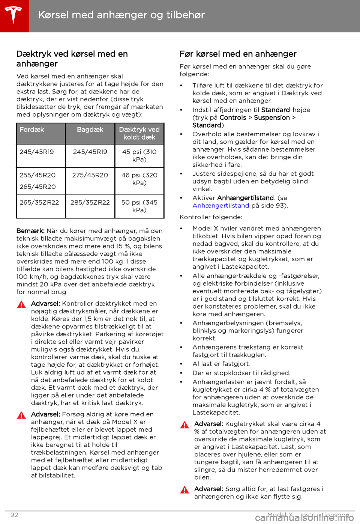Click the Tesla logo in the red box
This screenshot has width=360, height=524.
pos(14,15)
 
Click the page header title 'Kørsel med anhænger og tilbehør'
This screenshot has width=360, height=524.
pos(121,15)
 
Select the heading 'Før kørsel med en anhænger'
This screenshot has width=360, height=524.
pos(238,54)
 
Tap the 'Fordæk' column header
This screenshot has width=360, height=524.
pos(32,130)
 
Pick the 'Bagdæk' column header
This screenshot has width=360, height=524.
pos(90,130)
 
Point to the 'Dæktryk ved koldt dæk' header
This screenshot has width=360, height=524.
pos(139,134)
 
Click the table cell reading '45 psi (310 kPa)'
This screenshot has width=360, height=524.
pos(139,156)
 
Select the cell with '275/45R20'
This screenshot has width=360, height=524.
pos(90,175)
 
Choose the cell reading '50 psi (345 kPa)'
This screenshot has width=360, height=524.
pos(139,206)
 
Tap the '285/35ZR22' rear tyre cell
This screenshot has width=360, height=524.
pos(90,203)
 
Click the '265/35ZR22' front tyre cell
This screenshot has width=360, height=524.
pos(39,203)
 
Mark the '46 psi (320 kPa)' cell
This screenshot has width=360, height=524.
pos(139,179)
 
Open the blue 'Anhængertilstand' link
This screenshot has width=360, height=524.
pos(221,206)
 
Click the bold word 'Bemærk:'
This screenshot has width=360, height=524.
pos(30,231)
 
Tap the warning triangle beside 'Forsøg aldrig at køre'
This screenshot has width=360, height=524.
pos(21,415)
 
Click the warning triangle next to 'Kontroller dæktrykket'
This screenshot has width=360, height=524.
pos(21,304)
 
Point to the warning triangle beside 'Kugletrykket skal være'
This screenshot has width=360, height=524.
pos(184,425)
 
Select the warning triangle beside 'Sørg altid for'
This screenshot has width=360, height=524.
pos(184,490)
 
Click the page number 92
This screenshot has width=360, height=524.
pos(14,515)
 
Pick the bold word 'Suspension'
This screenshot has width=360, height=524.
pos(272,118)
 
